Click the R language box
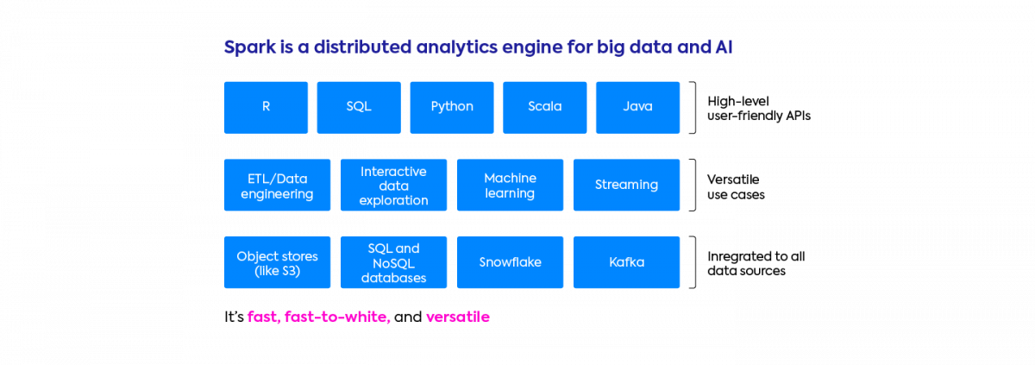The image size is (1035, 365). coord(266,107)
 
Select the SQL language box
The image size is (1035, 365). coord(359,107)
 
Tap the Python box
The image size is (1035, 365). coord(452,107)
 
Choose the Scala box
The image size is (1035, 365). coord(545,107)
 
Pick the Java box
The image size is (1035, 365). coord(637,107)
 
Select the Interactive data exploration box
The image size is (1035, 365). coord(394,185)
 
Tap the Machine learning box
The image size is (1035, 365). coord(511,185)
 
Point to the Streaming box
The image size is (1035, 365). coord(627,185)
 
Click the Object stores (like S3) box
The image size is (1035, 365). coord(277,262)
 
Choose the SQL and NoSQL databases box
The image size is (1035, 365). coord(394,262)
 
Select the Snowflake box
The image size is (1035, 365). coord(511,262)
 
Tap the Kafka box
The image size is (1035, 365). coord(627,262)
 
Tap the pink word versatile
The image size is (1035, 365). coord(458,318)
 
